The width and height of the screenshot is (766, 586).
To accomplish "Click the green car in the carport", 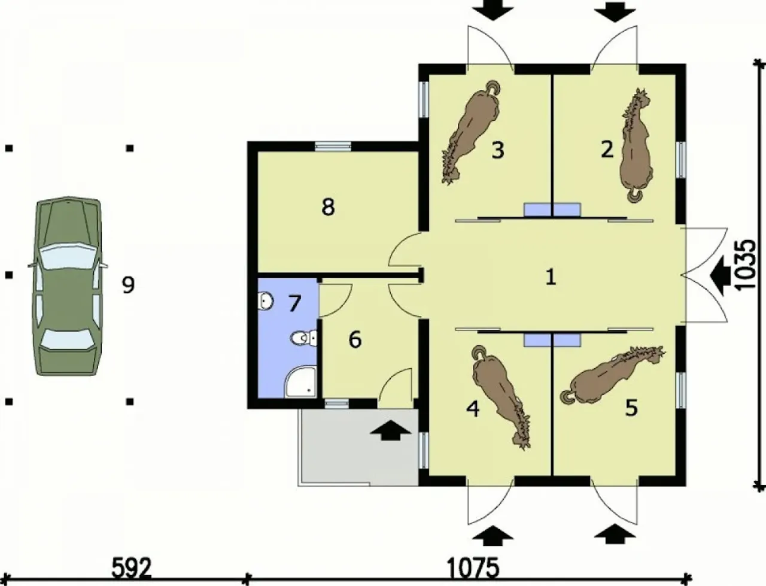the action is (x=68, y=286).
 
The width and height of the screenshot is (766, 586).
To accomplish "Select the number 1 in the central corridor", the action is (x=551, y=278).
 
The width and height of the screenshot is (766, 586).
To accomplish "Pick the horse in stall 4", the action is (x=501, y=396).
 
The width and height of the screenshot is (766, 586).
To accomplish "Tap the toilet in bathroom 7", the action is (x=303, y=338).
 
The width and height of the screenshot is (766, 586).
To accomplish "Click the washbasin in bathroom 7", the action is (x=266, y=301).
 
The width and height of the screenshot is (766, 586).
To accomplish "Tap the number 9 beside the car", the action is (x=128, y=285).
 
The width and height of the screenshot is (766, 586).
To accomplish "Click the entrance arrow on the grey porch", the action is (x=391, y=430).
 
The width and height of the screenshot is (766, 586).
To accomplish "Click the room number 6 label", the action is (x=355, y=339).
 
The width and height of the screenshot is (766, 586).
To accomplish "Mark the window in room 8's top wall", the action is (x=333, y=146).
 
